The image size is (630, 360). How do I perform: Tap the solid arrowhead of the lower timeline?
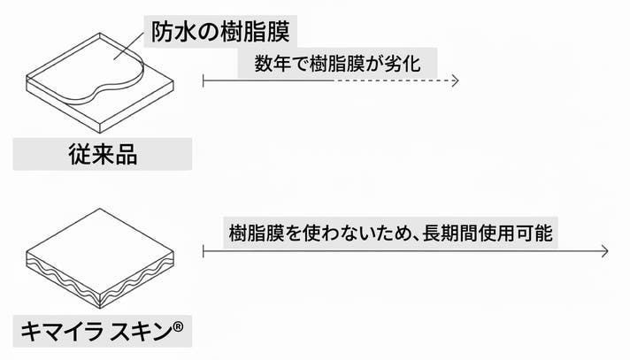click(x=604, y=251)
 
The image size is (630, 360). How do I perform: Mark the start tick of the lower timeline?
click(x=204, y=251)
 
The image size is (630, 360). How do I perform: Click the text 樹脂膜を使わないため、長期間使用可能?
click(x=389, y=232)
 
